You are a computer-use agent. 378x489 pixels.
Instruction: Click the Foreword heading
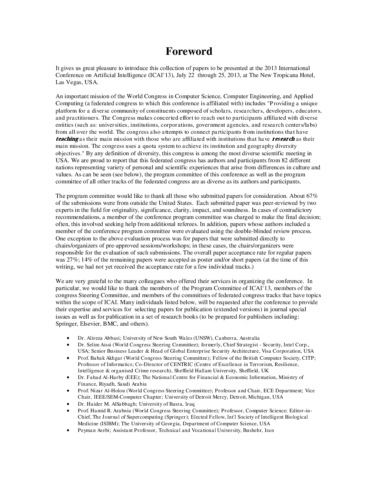[189, 51]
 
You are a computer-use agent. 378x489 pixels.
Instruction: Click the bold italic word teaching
[67, 139]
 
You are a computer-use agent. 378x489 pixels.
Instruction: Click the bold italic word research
[283, 139]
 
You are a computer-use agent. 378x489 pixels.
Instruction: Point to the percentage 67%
[312, 196]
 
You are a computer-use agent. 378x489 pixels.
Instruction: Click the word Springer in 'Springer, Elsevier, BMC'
[66, 324]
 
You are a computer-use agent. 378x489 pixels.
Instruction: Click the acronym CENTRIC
[180, 364]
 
